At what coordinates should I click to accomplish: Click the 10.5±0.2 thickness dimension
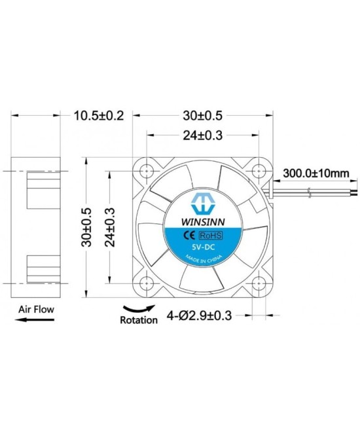[98, 116]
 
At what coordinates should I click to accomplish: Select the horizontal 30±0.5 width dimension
[203, 116]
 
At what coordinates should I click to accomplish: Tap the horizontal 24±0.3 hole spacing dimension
[203, 137]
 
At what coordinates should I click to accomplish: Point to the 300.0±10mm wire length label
[316, 174]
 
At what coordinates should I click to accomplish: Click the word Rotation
[139, 321]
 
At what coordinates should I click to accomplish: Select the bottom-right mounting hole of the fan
[259, 283]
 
